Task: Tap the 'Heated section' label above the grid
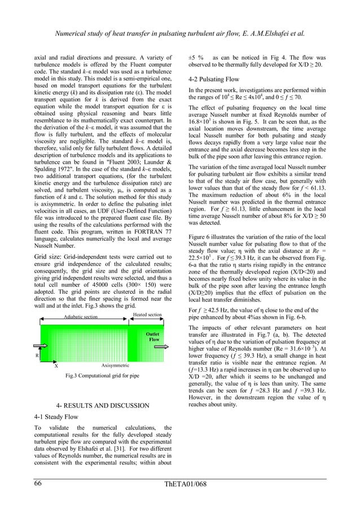coord(147,315)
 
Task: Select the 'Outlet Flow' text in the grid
coord(153,337)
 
